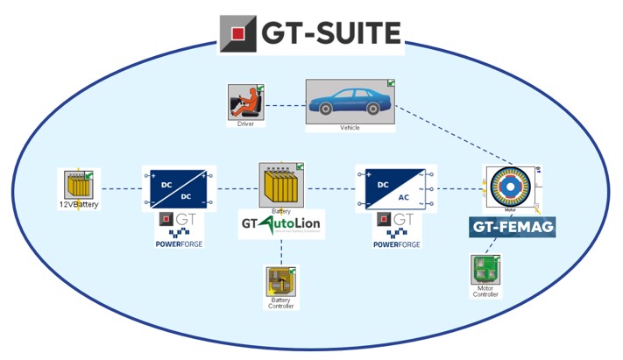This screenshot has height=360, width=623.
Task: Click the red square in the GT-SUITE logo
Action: [x=237, y=34]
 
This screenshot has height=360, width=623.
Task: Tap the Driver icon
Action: [x=246, y=102]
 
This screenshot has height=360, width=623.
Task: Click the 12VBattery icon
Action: [x=79, y=185]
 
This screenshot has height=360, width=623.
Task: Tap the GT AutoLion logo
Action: [x=281, y=226]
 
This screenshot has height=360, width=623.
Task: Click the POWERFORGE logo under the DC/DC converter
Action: [x=178, y=230]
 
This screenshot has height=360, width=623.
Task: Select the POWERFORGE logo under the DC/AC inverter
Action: [x=397, y=230]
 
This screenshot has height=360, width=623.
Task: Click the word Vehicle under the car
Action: [x=350, y=128]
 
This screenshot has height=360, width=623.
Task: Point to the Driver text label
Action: [x=246, y=124]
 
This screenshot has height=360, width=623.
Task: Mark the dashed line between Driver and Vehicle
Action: [x=286, y=106]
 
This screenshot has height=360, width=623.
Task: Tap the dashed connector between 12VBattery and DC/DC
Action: [x=121, y=188]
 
